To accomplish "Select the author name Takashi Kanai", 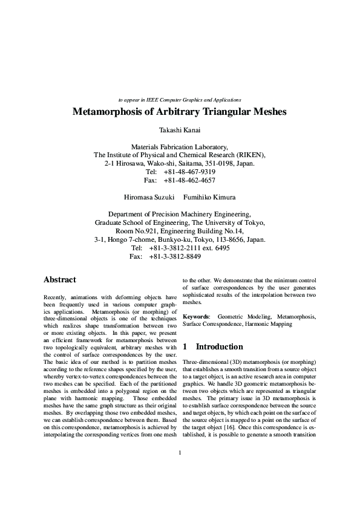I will pos(180,130).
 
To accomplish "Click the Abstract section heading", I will pos(60,280).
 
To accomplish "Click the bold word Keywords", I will pos(196,316).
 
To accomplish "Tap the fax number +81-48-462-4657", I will pos(189,180).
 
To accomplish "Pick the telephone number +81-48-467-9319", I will pos(189,172).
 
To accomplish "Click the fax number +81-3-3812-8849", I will pos(175,256).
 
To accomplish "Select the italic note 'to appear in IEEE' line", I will pos(180,99).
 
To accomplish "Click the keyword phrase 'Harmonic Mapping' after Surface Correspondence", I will pos(252,324).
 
